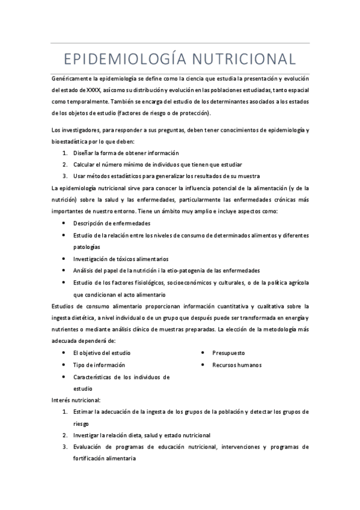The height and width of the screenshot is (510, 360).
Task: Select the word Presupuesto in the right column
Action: (228, 353)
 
